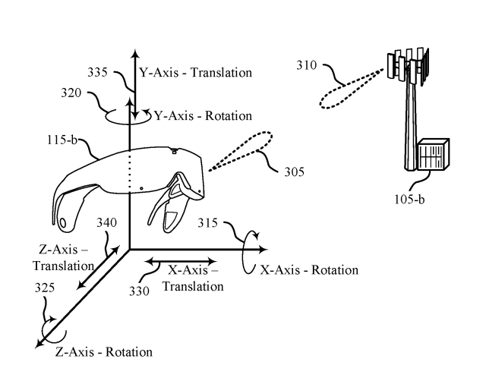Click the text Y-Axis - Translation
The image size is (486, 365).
click(194, 74)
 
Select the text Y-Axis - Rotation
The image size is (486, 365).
click(203, 116)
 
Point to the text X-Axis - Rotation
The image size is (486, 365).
click(308, 270)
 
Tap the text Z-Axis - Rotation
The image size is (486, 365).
click(103, 351)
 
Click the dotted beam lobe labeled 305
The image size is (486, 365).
click(241, 151)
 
